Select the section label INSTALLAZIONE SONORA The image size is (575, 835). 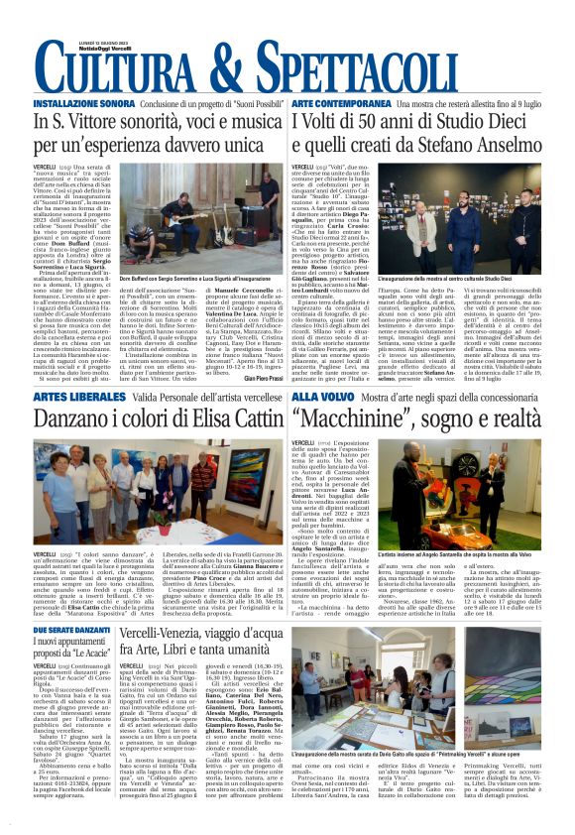84,103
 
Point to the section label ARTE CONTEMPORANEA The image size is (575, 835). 341,103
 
